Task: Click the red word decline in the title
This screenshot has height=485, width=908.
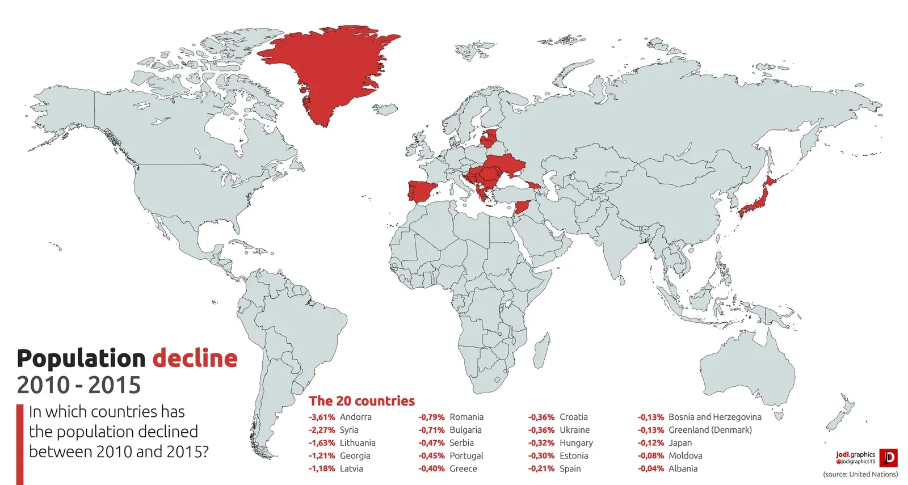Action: [195, 359]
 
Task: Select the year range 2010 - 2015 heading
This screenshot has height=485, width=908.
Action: [79, 385]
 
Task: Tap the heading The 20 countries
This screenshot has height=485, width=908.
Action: [361, 401]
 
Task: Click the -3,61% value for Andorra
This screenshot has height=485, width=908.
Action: [322, 417]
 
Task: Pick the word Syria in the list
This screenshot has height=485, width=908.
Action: [349, 430]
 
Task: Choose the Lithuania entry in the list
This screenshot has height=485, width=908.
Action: [358, 443]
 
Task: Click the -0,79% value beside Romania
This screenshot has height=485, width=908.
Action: [431, 417]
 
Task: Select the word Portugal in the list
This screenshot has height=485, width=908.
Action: [466, 456]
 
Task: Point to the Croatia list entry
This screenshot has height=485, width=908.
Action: [573, 417]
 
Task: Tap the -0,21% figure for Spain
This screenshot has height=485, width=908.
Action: [541, 469]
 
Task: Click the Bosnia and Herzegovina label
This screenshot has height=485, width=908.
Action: [714, 417]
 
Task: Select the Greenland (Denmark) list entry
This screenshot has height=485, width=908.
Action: [710, 430]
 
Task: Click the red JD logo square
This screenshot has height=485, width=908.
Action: [888, 458]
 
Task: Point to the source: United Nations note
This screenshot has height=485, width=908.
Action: [860, 474]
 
